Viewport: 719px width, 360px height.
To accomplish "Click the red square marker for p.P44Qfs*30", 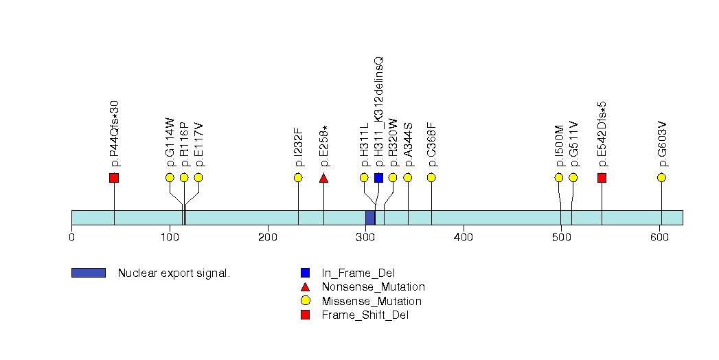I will [x=114, y=178].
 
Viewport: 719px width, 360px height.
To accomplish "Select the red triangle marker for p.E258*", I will [x=323, y=178].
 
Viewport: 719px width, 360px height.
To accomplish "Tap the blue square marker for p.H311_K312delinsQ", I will [x=378, y=178].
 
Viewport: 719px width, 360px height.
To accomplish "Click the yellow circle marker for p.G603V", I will [x=661, y=178].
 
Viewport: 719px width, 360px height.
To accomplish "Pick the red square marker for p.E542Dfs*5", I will [x=602, y=178].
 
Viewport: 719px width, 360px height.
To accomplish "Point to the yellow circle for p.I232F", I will [x=298, y=178].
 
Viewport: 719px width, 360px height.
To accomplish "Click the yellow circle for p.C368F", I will [x=431, y=178].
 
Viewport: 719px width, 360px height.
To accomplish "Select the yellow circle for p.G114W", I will [x=170, y=178].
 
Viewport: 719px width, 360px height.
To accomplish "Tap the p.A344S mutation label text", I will [x=408, y=144].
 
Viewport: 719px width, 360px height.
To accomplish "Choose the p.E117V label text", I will [x=198, y=144].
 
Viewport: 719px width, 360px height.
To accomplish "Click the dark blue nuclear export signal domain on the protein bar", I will [x=370, y=218].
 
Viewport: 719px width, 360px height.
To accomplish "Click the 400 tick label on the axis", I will [x=464, y=238].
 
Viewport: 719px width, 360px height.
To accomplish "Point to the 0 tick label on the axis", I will [x=72, y=238].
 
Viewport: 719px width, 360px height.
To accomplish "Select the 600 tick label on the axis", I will [x=659, y=238].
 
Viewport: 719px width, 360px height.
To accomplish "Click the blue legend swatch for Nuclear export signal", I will [x=88, y=273].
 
